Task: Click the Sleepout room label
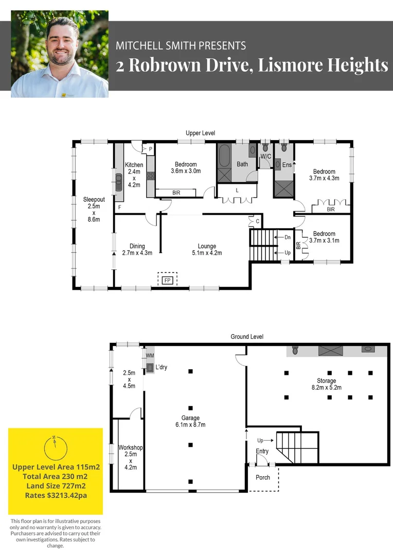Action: [x=94, y=200]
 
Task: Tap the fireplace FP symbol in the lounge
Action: [x=167, y=280]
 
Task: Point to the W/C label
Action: [x=265, y=156]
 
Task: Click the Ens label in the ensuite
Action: [x=287, y=165]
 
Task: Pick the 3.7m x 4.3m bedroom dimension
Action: [x=324, y=178]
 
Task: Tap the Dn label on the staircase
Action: [x=288, y=237]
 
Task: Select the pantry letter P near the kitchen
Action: [x=151, y=149]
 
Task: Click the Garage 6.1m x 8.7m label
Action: [x=190, y=421]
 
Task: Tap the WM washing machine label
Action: [x=150, y=356]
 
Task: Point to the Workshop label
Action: [x=130, y=448]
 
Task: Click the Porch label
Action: [x=263, y=477]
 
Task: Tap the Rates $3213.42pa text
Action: [x=56, y=495]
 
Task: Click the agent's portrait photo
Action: [x=60, y=54]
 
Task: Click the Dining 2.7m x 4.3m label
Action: [x=137, y=250]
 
